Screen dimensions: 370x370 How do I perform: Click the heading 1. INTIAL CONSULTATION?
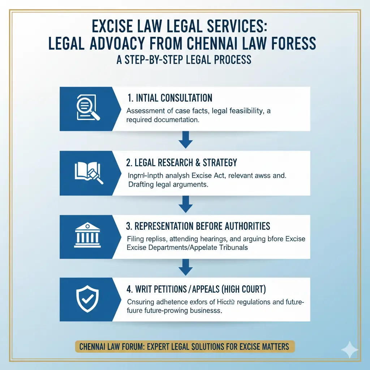169,98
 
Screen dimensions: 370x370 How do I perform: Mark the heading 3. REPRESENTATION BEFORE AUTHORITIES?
198,226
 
